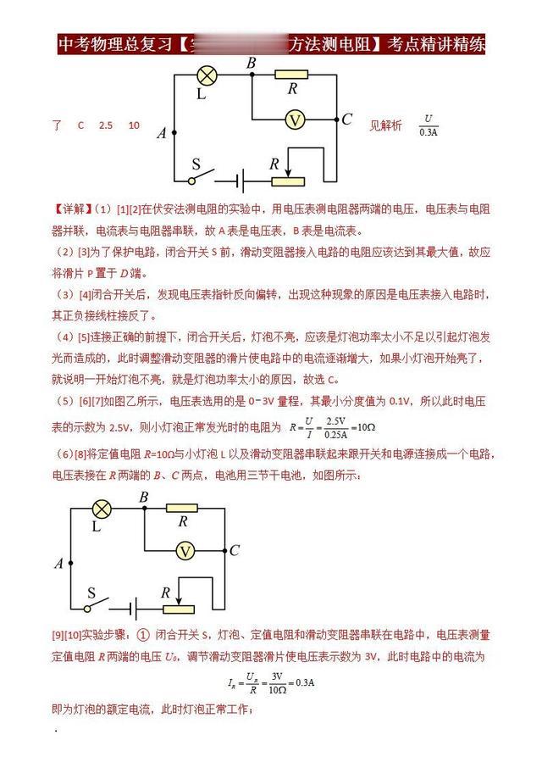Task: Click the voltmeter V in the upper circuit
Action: coord(294,120)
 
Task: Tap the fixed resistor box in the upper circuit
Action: coord(292,75)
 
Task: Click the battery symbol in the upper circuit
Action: coord(241,180)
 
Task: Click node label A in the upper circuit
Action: coord(161,133)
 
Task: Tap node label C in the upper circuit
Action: coord(346,119)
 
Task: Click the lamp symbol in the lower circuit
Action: coord(101,509)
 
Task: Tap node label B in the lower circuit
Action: coord(143,497)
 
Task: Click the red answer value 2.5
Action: coord(105,125)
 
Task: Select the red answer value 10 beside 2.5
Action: coord(134,125)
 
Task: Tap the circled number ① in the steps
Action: coord(142,635)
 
